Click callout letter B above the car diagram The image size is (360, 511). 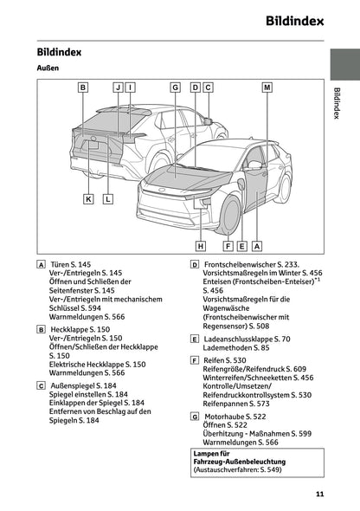click(83, 87)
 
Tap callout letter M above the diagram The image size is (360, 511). click(267, 87)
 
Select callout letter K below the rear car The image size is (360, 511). click(89, 199)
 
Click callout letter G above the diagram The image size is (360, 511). click(175, 87)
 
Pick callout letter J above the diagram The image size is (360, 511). click(117, 87)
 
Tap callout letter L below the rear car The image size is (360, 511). click(107, 199)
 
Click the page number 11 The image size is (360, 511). click(319, 495)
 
